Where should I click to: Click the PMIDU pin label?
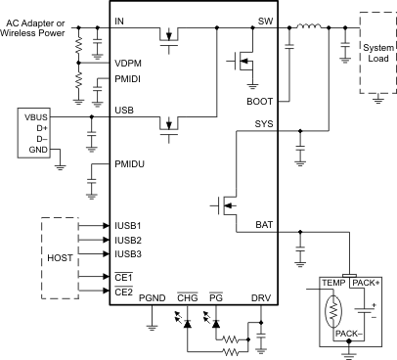click(130, 163)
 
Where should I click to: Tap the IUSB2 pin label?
click(130, 239)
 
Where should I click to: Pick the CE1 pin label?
click(123, 277)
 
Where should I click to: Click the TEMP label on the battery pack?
click(336, 283)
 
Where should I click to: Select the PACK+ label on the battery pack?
click(368, 283)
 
